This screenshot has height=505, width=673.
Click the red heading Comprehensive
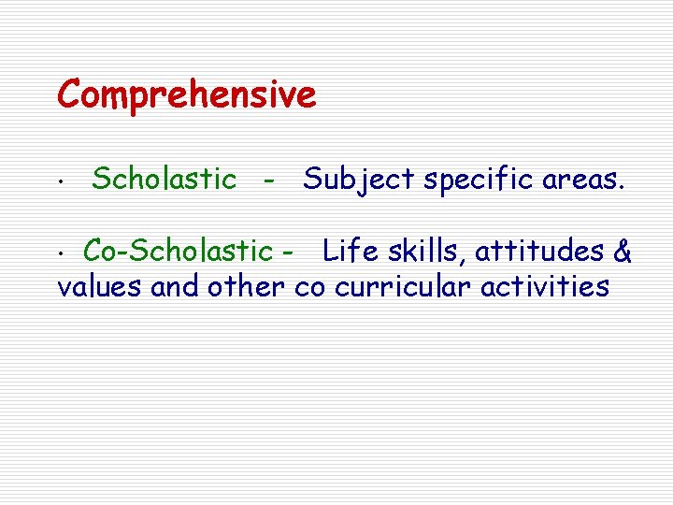pyautogui.click(x=187, y=95)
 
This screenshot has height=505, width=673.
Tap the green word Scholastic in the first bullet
pyautogui.click(x=165, y=179)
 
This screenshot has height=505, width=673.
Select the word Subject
pyautogui.click(x=360, y=180)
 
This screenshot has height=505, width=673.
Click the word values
pyautogui.click(x=100, y=286)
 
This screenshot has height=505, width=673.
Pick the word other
pyautogui.click(x=245, y=286)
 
